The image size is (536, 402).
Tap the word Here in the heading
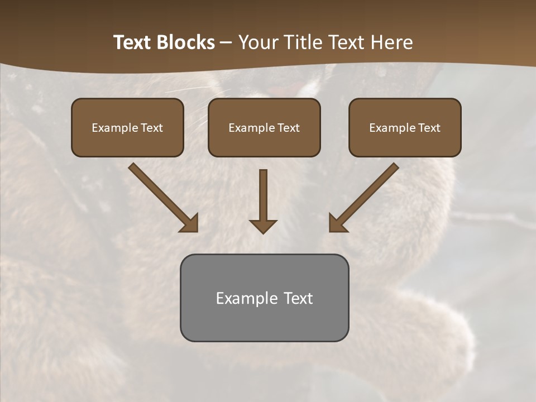pyautogui.click(x=391, y=42)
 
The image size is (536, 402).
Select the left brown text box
pyautogui.click(x=127, y=127)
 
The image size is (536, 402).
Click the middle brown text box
pyautogui.click(x=264, y=127)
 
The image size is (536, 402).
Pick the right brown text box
pyautogui.click(x=405, y=127)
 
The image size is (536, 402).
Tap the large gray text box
pyautogui.click(x=264, y=298)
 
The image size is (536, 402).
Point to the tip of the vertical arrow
pyautogui.click(x=263, y=232)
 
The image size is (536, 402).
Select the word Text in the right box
pyautogui.click(x=429, y=128)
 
